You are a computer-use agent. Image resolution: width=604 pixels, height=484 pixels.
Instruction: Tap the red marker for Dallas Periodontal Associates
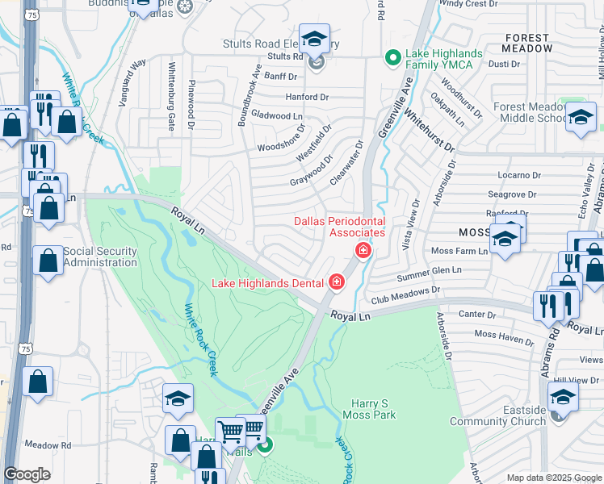(x=363, y=251)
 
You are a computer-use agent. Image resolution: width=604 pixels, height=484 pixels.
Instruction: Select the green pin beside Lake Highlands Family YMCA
(x=392, y=57)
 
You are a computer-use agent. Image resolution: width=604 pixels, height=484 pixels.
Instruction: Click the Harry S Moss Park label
(x=374, y=409)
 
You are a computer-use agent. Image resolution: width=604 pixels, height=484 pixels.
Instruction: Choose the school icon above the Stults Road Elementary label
(x=314, y=38)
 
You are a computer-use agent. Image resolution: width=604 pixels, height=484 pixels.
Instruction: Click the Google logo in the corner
(x=27, y=474)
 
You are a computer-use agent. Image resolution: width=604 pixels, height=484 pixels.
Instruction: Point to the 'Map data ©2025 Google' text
(x=554, y=478)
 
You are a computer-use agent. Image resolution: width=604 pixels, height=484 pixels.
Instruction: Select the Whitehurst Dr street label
(x=430, y=132)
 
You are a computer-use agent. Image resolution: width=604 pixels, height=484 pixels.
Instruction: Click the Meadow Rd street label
(x=48, y=444)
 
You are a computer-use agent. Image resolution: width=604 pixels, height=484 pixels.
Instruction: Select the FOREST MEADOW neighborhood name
(x=528, y=43)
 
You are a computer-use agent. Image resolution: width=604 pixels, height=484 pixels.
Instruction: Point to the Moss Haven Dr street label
(x=504, y=336)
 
